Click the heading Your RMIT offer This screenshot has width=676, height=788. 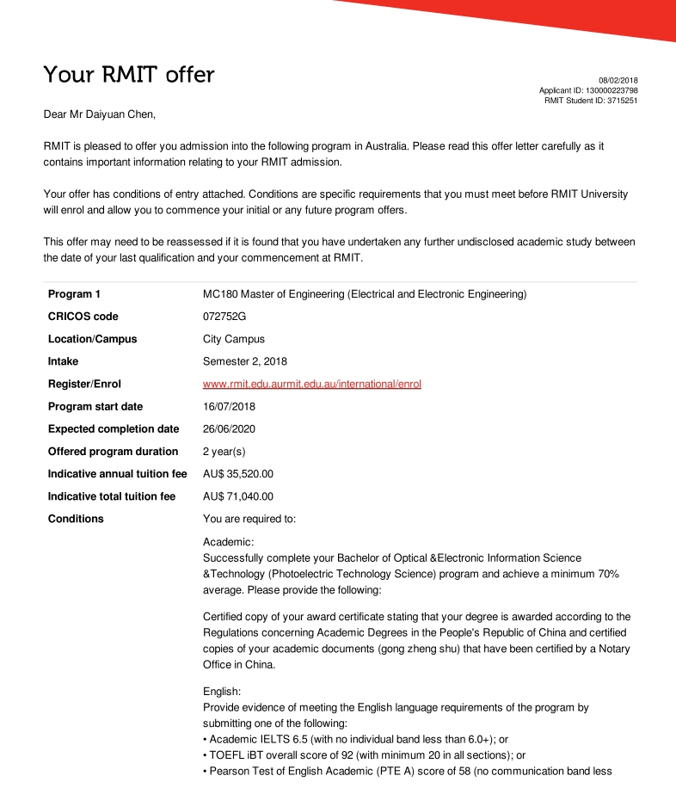click(x=129, y=75)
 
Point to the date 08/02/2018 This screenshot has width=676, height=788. click(x=618, y=80)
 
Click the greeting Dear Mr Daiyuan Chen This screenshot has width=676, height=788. click(x=100, y=114)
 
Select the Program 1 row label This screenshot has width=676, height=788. click(x=74, y=294)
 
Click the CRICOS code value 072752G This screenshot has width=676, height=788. click(x=224, y=317)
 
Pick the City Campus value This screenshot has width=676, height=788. click(x=233, y=339)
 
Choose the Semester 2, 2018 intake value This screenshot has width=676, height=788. click(x=244, y=361)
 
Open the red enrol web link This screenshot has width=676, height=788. click(x=311, y=384)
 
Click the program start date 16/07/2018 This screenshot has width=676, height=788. click(x=229, y=406)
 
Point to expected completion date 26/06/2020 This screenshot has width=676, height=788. click(x=229, y=428)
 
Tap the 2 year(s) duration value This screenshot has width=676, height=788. click(x=224, y=451)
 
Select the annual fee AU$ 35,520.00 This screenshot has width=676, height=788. click(x=237, y=473)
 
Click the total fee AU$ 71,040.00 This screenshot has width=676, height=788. click(x=237, y=496)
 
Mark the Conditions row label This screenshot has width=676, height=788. click(x=76, y=519)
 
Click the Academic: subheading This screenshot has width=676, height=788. click(x=229, y=542)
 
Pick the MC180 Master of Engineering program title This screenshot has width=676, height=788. click(x=364, y=294)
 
